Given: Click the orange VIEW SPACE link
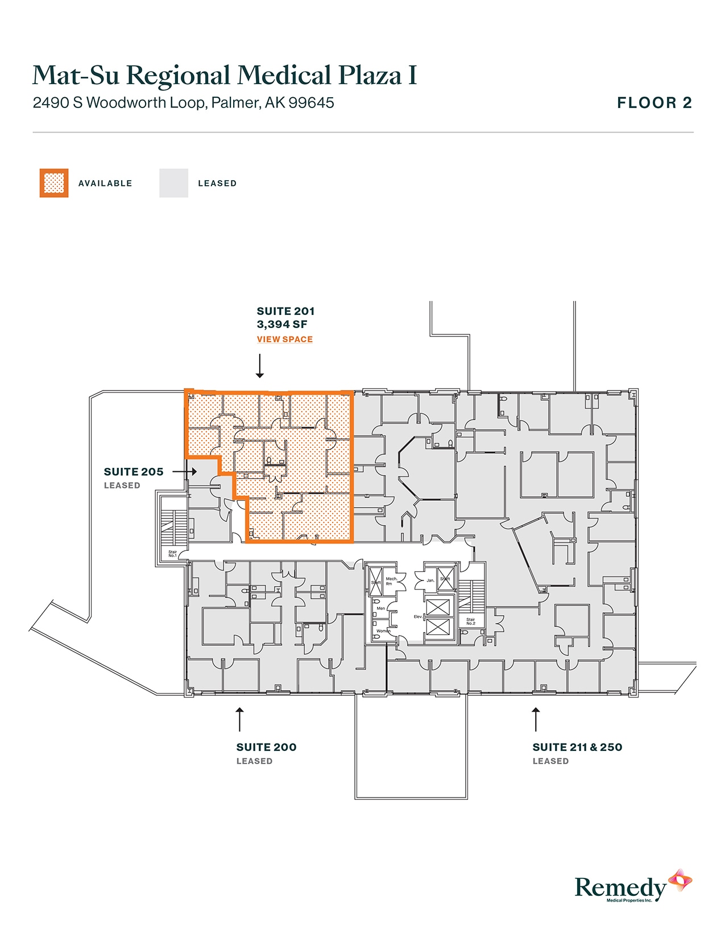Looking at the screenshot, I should click(284, 339).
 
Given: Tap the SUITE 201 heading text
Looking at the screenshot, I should click(285, 311).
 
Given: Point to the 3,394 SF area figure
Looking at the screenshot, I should click(282, 325).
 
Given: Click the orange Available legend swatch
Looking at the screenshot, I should click(54, 183).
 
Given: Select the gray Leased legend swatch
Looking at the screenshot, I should click(173, 183).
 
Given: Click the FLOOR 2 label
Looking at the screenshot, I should click(654, 103).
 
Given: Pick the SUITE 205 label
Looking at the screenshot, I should click(134, 472).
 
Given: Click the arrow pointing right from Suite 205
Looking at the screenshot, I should click(185, 472).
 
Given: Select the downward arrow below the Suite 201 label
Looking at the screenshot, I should click(260, 366).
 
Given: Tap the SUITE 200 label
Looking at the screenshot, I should click(266, 747).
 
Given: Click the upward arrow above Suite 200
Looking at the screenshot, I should click(240, 719).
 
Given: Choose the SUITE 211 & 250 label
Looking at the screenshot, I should click(577, 747).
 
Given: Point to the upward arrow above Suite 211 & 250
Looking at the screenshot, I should click(536, 719).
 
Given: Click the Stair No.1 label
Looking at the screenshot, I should click(172, 554).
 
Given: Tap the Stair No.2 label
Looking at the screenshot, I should click(471, 621).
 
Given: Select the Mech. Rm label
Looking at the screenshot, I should click(391, 581).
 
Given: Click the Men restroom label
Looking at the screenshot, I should click(381, 608).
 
